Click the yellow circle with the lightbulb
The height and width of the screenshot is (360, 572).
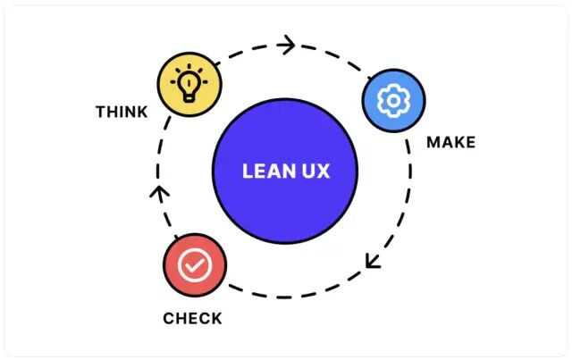pos(189,83)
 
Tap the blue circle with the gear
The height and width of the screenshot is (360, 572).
pos(393,99)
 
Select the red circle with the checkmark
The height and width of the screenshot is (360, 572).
pos(195,266)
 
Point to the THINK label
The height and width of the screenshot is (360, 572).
pos(122,113)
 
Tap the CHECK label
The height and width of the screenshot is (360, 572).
pos(192,318)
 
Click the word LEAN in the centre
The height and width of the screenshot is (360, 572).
pos(265,172)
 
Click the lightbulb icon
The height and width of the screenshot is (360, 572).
pos(189,82)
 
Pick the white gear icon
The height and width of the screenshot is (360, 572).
pos(393,99)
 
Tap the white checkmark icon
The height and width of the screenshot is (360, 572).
pos(195,266)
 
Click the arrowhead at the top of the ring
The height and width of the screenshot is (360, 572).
pos(287,44)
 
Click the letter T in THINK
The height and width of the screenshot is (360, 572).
pos(100,113)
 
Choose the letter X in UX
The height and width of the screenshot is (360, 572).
pos(322,172)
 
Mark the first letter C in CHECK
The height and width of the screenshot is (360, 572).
pos(168,318)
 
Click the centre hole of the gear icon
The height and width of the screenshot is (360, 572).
pos(393,99)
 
